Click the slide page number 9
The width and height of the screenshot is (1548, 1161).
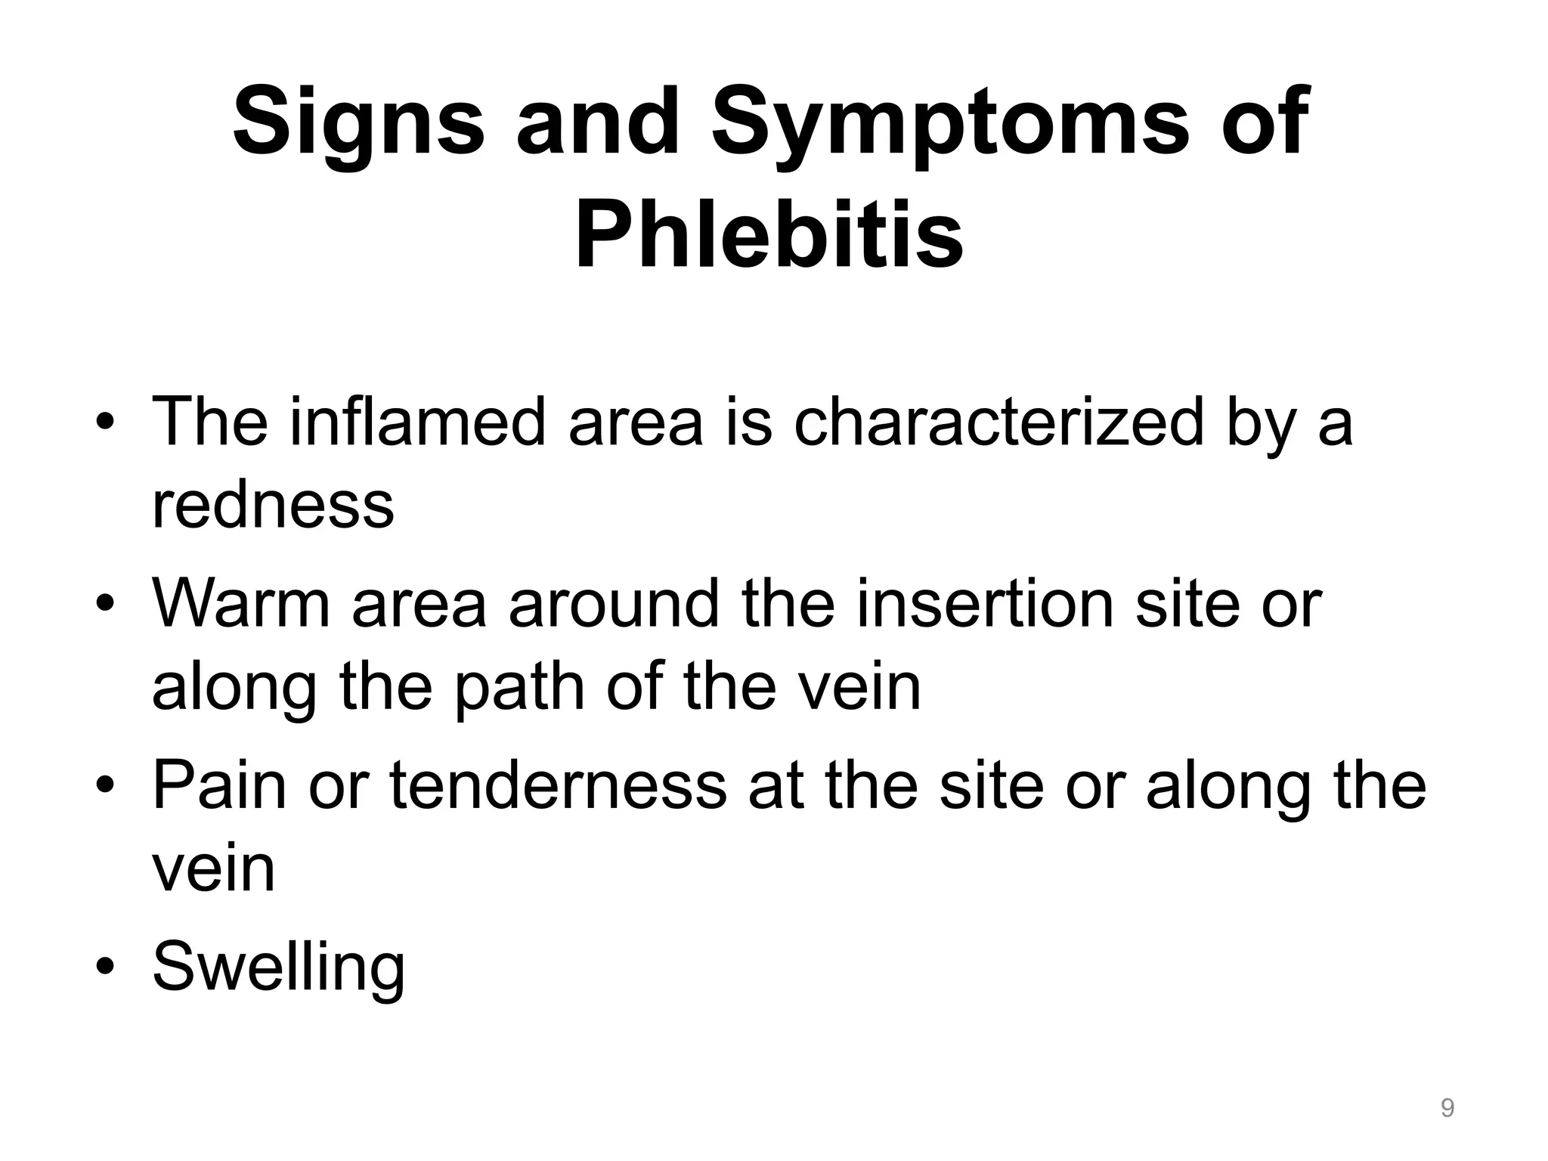pos(1447,1108)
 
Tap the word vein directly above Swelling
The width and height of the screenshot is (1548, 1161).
pos(214,869)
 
